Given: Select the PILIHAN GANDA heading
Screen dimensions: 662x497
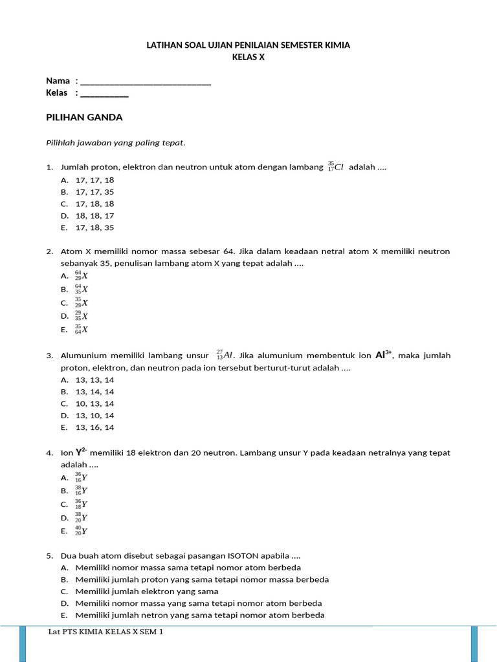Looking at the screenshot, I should coord(84,117).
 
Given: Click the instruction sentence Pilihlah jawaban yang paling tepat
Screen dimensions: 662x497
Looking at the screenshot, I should coord(116,142).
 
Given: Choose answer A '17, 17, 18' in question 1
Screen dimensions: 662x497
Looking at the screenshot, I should coord(94,180).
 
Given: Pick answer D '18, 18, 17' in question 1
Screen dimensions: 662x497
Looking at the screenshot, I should coord(94,215).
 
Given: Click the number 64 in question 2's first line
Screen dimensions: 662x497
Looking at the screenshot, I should coord(230,251).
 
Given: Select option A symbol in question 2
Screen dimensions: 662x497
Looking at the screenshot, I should coord(82,275).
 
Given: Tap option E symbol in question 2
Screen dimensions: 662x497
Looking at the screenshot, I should coord(82,329).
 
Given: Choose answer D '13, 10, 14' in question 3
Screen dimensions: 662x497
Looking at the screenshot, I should coord(94,415).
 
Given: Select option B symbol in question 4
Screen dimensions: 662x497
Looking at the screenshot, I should coord(82,491).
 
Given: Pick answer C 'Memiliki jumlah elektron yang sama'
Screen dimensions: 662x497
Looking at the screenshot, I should coord(147,591).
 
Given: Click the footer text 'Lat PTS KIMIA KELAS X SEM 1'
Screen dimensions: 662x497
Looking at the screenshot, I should coord(105,632).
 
